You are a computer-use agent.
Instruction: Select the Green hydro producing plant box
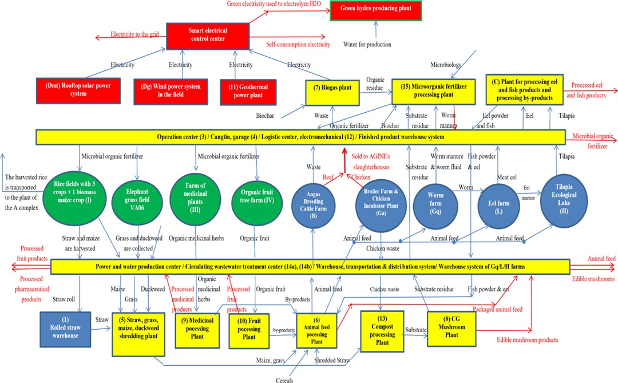[375, 10]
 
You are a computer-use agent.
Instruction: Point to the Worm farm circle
[436, 200]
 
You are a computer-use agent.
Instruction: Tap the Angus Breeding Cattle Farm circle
[313, 200]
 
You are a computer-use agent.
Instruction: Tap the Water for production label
[367, 45]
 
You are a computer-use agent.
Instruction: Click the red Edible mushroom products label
[527, 340]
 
